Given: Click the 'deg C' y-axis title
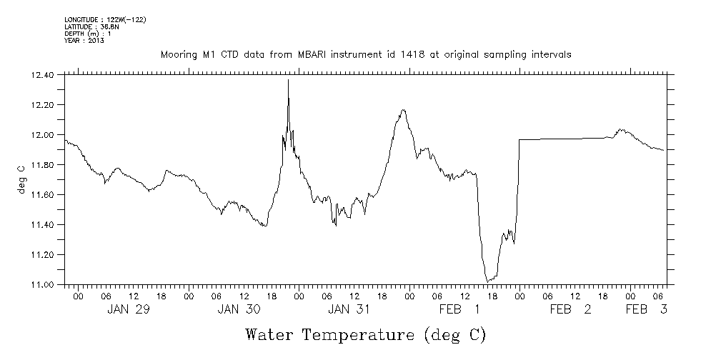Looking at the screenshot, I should click(21, 179).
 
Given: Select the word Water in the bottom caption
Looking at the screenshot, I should click(269, 334).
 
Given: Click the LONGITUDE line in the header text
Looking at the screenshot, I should click(105, 19).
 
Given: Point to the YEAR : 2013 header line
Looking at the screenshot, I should click(84, 41).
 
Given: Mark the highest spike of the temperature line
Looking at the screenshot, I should click(288, 79).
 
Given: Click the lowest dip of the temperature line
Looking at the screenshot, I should click(487, 281).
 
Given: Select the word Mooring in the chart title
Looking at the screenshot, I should click(178, 54).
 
